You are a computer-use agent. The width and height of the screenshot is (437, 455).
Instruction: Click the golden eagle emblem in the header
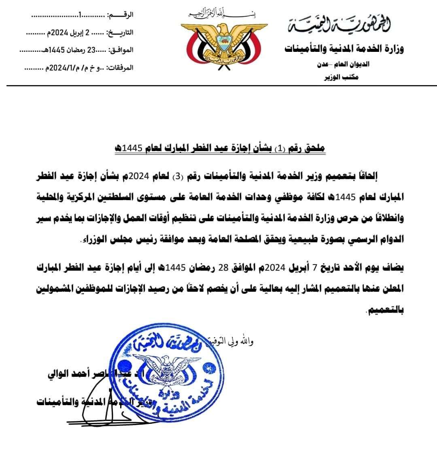point(221,44)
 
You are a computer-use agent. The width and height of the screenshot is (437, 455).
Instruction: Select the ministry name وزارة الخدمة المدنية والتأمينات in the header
point(344,49)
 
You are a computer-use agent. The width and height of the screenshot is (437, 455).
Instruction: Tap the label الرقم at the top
point(121,15)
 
